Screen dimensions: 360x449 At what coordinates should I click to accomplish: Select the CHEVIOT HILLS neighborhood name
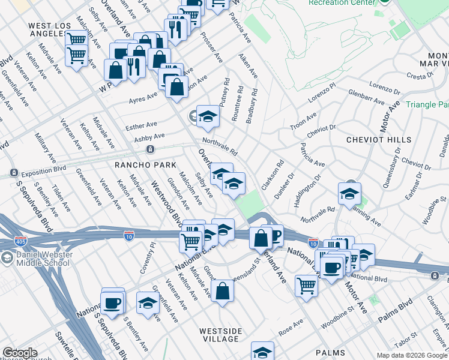pyautogui.click(x=378, y=139)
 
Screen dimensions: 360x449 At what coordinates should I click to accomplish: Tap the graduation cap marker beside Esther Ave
pyautogui.click(x=208, y=116)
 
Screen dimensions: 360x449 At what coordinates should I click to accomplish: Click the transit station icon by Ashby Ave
pyautogui.click(x=150, y=149)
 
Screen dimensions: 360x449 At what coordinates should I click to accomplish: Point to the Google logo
pyautogui.click(x=20, y=353)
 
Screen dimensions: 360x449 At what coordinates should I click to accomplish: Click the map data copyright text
pyautogui.click(x=412, y=355)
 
